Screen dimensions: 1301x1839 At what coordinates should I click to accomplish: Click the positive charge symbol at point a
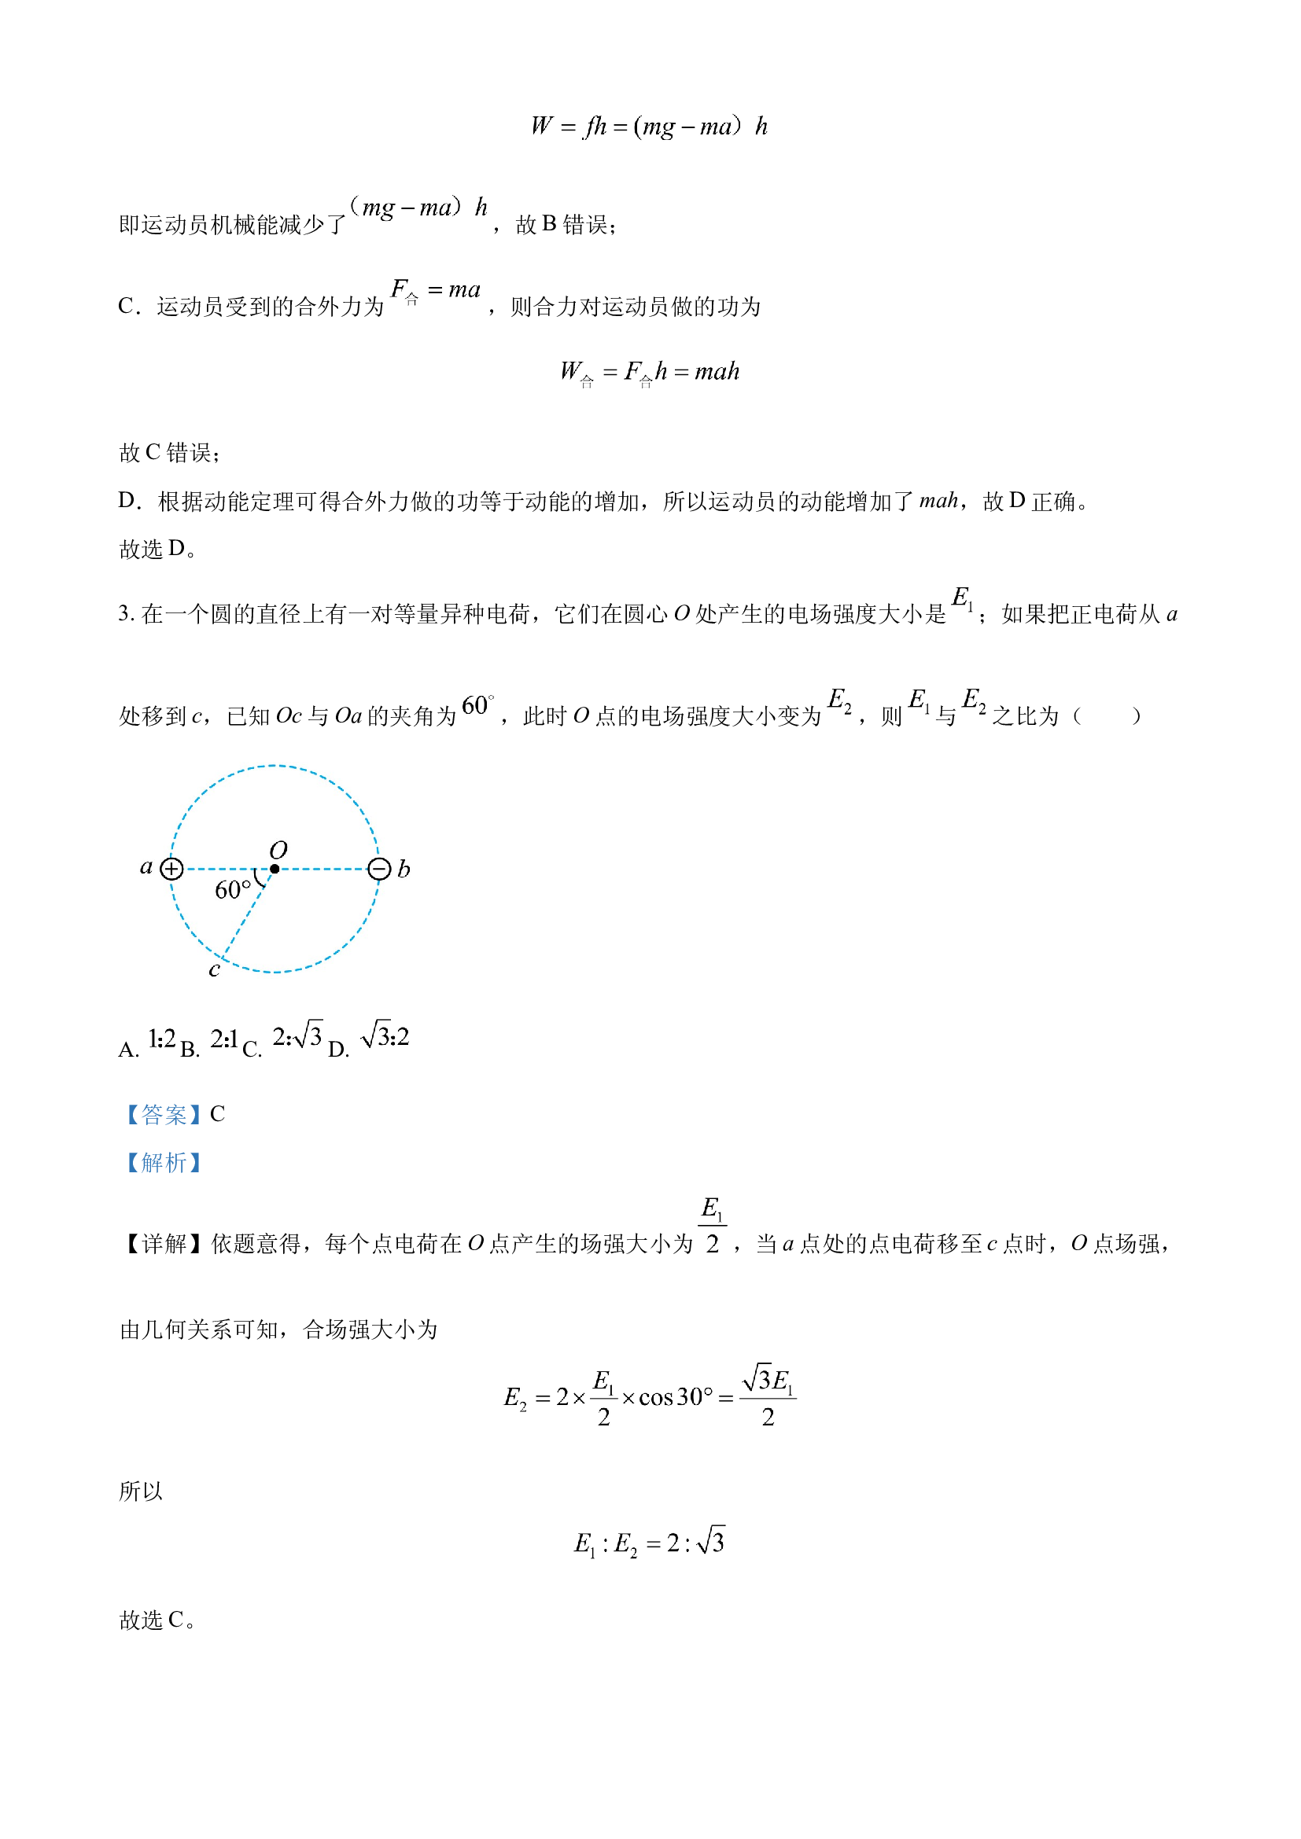[x=171, y=869]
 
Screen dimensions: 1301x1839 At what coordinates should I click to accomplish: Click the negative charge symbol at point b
[x=379, y=869]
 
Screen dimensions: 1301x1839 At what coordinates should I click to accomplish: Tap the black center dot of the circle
[x=275, y=869]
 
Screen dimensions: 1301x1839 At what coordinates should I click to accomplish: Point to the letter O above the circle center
[x=278, y=850]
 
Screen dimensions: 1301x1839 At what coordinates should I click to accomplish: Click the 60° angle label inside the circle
[x=232, y=890]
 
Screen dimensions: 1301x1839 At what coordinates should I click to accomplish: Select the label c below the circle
[x=214, y=970]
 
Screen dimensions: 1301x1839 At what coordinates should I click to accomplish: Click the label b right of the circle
[x=404, y=869]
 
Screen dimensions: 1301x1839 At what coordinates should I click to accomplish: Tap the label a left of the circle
[x=146, y=866]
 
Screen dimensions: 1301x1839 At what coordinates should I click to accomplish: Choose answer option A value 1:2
[x=162, y=1039]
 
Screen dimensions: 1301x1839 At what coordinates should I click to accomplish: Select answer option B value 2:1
[x=224, y=1039]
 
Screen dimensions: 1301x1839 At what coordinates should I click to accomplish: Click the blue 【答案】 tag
[x=164, y=1114]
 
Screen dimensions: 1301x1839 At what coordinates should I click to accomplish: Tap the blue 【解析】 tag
[x=164, y=1162]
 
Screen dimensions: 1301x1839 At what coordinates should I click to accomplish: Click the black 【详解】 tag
[x=164, y=1244]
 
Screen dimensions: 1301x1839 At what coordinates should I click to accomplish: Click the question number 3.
[x=126, y=613]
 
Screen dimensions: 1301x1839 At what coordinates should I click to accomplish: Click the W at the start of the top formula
[x=541, y=126]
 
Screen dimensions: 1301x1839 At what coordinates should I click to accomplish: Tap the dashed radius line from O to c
[x=249, y=914]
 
